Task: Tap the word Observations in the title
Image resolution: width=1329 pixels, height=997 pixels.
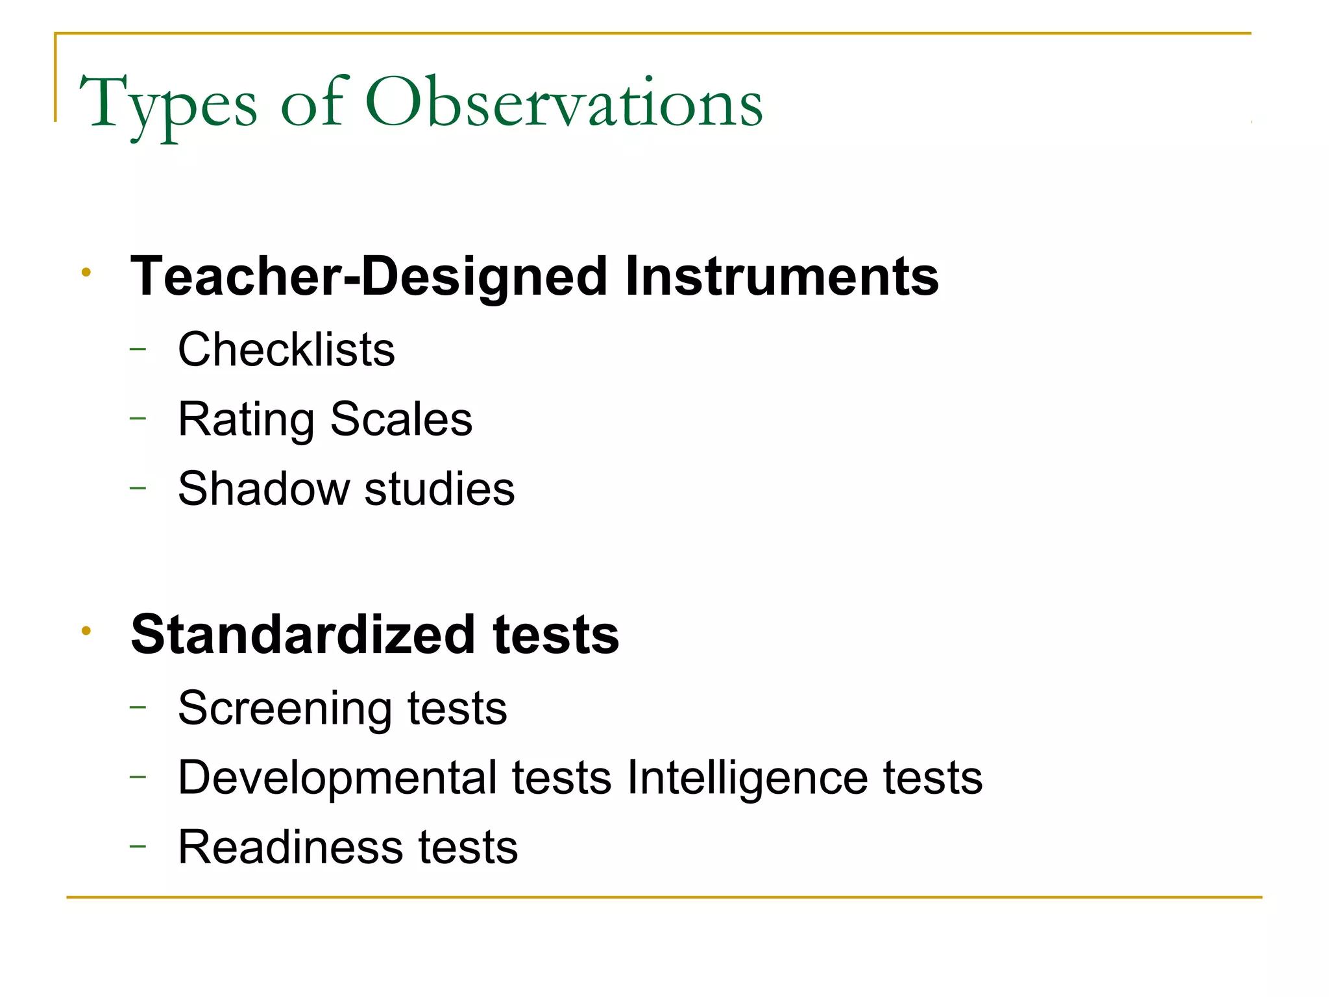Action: (564, 103)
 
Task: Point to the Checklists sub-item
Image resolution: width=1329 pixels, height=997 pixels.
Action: (286, 350)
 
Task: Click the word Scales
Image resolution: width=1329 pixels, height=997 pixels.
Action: (401, 419)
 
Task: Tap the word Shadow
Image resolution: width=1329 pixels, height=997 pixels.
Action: (263, 489)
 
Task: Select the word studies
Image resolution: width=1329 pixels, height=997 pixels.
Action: (439, 489)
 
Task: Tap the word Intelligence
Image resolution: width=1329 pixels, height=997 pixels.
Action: (747, 778)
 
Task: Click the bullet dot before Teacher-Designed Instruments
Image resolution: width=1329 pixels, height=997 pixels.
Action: (86, 272)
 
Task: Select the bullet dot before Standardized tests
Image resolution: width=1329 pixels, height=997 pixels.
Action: (86, 630)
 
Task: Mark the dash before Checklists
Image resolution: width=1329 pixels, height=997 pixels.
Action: (138, 350)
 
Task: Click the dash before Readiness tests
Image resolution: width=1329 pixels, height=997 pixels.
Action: (138, 846)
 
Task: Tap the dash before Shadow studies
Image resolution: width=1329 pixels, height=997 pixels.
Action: (138, 488)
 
